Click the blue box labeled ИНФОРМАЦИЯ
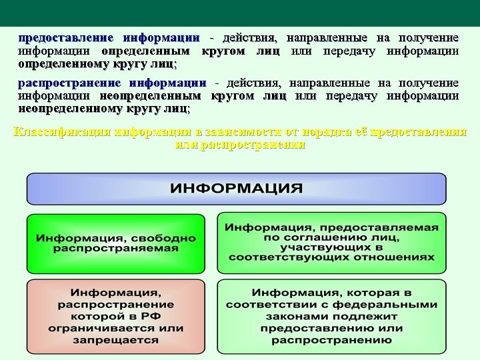pos(236,189)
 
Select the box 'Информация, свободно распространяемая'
pos(116,243)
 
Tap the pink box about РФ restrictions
pos(116,316)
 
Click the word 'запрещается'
pos(116,339)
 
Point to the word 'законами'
pos(293,316)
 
